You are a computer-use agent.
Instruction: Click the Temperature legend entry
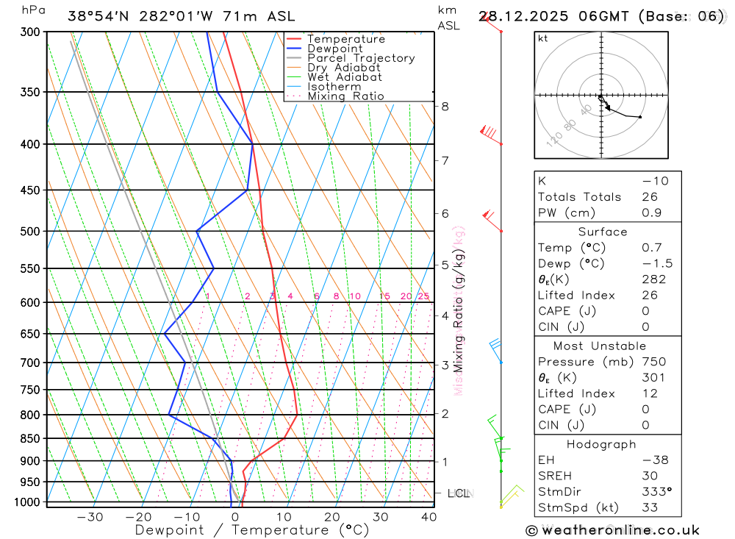[x=345, y=39]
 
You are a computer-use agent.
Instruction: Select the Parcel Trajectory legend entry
[x=361, y=58]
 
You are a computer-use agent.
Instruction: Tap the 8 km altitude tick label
[x=445, y=106]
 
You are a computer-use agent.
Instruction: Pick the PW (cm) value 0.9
[x=650, y=213]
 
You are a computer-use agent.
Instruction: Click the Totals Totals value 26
[x=649, y=197]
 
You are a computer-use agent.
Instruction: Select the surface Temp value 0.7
[x=651, y=248]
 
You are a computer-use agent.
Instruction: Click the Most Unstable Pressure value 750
[x=653, y=362]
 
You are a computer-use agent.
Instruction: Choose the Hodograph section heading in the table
[x=602, y=444]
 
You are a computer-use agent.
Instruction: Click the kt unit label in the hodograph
[x=543, y=38]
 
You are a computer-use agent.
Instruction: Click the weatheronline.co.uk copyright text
[x=612, y=530]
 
